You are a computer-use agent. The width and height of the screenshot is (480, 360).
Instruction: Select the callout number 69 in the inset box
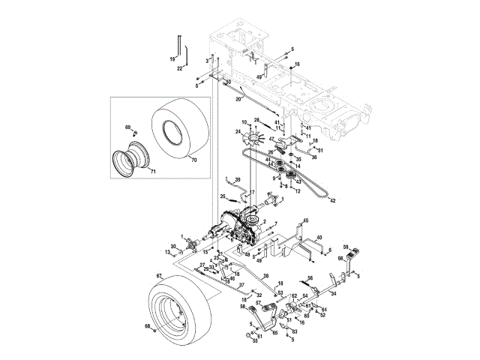[127, 127]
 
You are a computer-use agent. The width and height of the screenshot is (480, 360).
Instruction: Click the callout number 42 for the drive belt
[331, 200]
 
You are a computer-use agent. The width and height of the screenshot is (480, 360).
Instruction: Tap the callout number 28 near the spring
[256, 120]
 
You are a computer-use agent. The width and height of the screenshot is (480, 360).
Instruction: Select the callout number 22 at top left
[180, 68]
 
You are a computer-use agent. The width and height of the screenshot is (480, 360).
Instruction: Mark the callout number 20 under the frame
[238, 98]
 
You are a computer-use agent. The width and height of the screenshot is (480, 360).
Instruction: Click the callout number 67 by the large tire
[158, 276]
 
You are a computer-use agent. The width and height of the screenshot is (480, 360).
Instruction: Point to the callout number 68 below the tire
[148, 326]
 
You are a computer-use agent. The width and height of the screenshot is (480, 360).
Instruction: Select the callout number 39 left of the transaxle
[237, 180]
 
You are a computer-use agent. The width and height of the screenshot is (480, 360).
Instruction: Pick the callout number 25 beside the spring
[223, 196]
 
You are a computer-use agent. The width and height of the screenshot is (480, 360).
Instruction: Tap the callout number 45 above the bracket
[306, 220]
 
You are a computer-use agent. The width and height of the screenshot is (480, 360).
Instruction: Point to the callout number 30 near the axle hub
[172, 246]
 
